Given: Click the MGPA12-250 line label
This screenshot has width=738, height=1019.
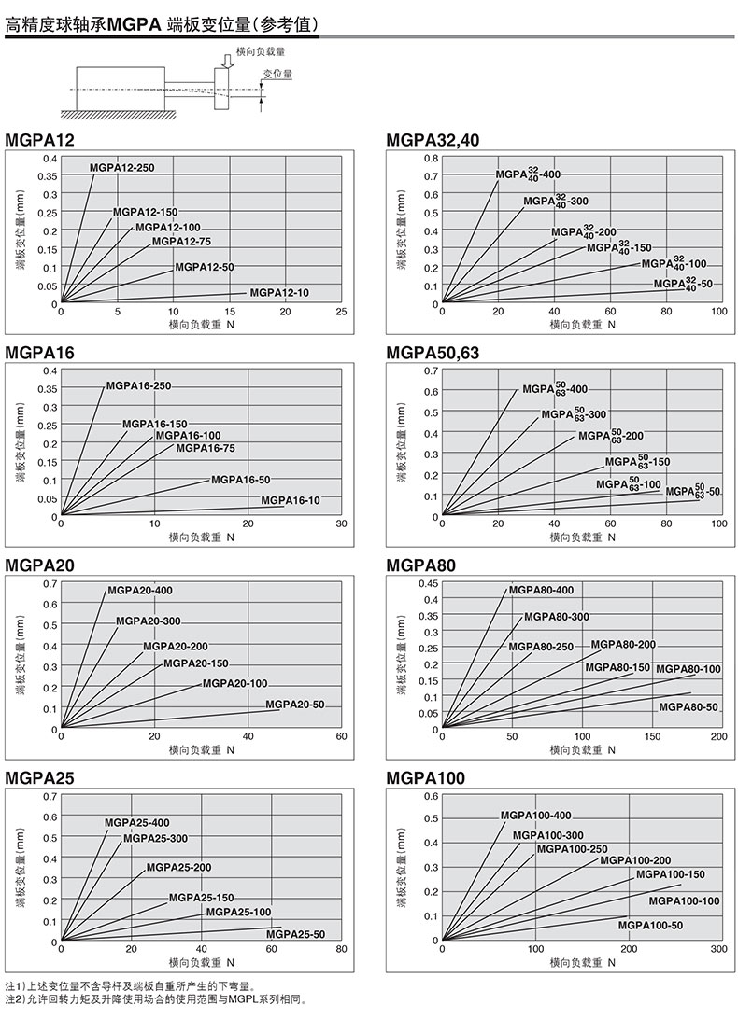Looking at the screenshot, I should [x=122, y=167].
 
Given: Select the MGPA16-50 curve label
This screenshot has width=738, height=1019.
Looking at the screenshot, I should [x=240, y=480].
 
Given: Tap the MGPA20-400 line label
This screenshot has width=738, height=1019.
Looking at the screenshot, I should [x=140, y=590].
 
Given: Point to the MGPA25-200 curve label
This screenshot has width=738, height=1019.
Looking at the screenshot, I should [x=178, y=867].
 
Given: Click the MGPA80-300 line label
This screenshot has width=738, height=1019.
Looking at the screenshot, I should [x=556, y=617].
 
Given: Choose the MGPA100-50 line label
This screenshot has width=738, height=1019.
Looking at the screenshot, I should [x=650, y=925].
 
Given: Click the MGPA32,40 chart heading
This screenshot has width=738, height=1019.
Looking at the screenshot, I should [x=433, y=140].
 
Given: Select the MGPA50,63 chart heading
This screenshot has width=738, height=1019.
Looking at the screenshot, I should [x=433, y=353].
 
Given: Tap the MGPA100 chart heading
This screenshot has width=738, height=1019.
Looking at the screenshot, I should [x=425, y=778].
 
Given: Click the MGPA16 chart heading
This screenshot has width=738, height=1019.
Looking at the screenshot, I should [x=39, y=353].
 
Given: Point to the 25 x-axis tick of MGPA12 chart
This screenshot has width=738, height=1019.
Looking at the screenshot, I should [x=341, y=312].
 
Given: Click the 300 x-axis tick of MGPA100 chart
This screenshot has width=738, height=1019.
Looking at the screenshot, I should [x=718, y=949].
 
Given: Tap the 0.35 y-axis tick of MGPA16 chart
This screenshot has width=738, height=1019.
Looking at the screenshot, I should [x=46, y=389].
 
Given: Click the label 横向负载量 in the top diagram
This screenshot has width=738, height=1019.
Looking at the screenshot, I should [x=261, y=55].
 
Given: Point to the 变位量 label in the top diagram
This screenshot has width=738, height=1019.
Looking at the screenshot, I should [x=277, y=73].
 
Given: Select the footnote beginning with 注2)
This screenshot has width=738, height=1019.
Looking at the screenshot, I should [x=155, y=999].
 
